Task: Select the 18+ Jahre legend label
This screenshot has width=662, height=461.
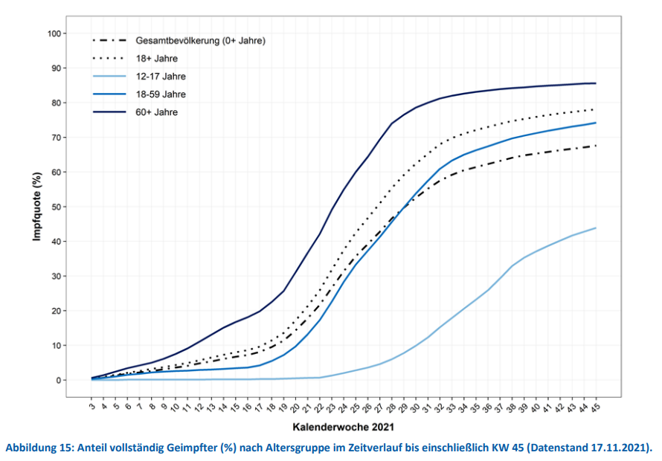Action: (157, 58)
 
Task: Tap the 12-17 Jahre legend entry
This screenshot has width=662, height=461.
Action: (161, 76)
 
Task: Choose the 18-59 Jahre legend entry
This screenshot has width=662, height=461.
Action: (161, 94)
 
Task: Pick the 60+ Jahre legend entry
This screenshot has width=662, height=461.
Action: (157, 112)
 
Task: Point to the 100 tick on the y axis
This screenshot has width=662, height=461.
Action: (73, 33)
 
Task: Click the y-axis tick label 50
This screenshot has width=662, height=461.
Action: (76, 207)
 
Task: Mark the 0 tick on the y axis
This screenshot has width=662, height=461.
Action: (79, 380)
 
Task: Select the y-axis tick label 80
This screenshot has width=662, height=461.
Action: (76, 103)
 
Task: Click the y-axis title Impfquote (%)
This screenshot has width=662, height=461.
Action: (36, 207)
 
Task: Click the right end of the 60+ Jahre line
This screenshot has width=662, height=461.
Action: (596, 83)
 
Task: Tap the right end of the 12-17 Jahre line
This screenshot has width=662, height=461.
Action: (596, 228)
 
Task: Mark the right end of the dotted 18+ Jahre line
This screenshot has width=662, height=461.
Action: (596, 109)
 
